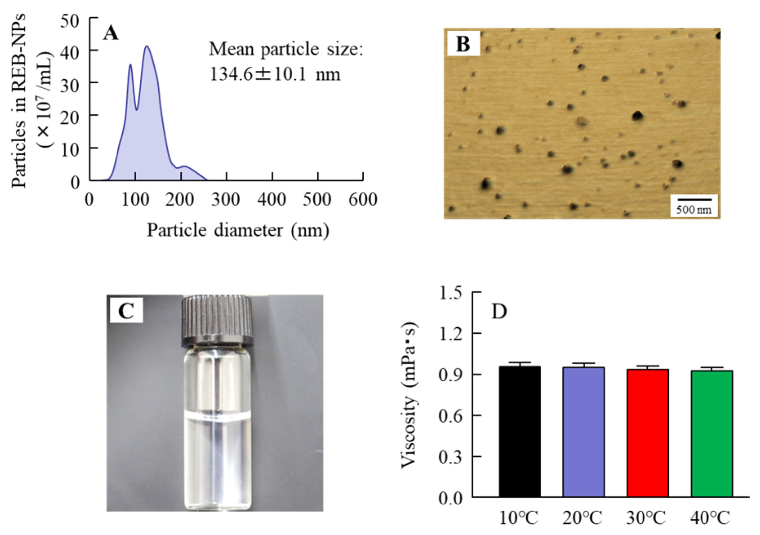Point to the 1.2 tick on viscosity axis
pos(450,334)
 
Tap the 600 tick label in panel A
pos(363,200)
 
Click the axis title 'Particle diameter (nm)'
pos(238,230)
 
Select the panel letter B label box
pos(463,43)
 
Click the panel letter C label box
pos(126,310)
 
